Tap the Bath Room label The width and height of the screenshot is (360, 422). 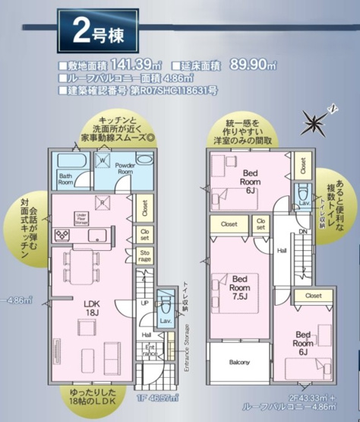click(65, 180)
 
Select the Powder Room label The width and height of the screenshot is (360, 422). click(124, 169)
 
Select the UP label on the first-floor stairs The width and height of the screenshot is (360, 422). click(146, 303)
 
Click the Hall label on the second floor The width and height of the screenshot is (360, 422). click(282, 249)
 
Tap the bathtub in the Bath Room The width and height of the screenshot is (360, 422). click(72, 163)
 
